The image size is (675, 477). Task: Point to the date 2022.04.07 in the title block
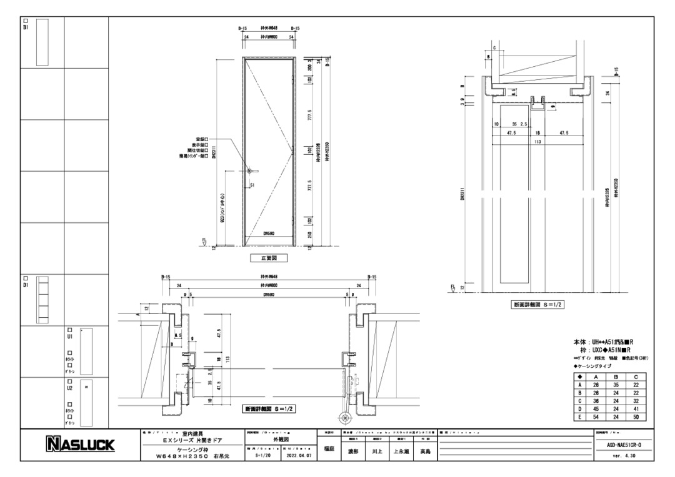tap(297, 456)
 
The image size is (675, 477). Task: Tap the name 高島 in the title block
tap(425, 450)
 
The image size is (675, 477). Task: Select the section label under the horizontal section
tap(269, 409)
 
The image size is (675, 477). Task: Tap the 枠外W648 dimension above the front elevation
tap(269, 29)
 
